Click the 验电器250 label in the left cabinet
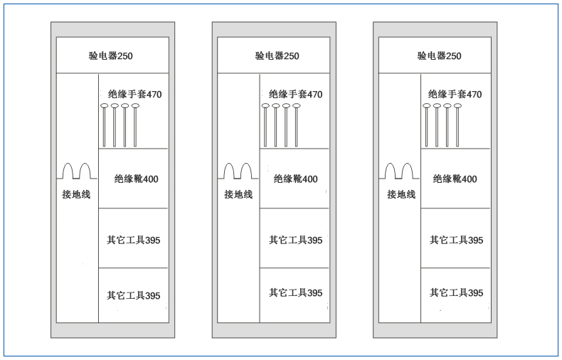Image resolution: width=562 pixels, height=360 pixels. click(x=111, y=56)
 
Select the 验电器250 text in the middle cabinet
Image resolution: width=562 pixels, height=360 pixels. click(x=277, y=56)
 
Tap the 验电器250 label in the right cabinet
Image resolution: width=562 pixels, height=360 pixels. click(x=439, y=56)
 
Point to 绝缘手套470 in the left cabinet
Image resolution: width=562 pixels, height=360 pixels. click(x=134, y=95)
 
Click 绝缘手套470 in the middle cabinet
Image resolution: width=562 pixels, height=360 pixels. click(x=296, y=95)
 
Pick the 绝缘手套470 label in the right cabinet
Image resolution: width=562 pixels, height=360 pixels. click(x=455, y=95)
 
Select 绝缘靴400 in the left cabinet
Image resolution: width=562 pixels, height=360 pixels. click(x=136, y=179)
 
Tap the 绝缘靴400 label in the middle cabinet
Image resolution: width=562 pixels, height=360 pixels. click(x=296, y=179)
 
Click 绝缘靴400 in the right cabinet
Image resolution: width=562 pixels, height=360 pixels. click(x=455, y=179)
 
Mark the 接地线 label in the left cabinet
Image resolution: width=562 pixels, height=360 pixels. click(x=76, y=194)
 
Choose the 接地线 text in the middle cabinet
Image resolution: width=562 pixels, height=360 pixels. click(x=238, y=194)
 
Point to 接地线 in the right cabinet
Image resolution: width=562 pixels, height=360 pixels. click(x=401, y=194)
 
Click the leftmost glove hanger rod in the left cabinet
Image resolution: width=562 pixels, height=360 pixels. click(x=105, y=125)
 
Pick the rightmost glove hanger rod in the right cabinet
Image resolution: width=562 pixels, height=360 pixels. click(x=457, y=125)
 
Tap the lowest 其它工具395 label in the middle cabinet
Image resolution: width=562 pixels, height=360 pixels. click(x=296, y=293)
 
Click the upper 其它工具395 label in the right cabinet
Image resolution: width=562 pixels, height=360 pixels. click(x=457, y=240)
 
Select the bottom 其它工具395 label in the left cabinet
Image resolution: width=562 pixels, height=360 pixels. click(x=133, y=296)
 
